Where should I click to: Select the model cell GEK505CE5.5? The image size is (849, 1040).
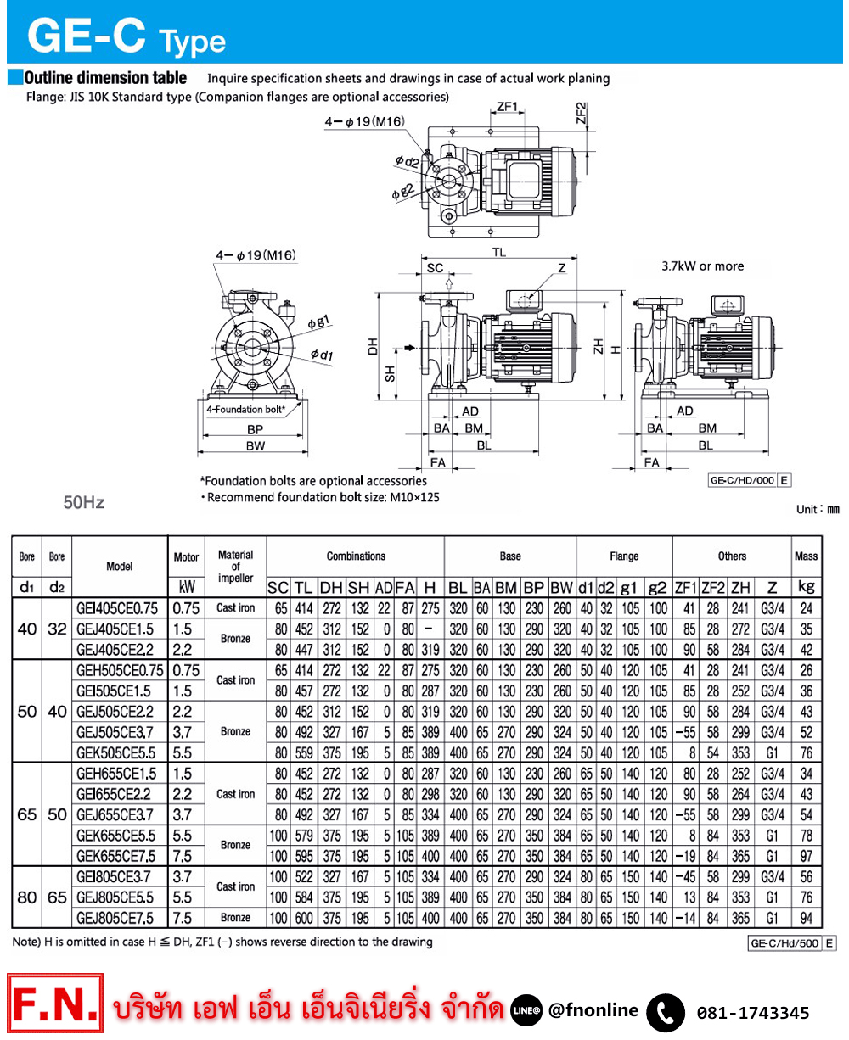120,752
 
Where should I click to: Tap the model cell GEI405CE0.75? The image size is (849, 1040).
120,608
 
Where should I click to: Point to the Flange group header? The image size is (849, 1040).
624,556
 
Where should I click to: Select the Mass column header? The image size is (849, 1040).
807,556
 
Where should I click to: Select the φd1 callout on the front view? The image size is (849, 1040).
321,354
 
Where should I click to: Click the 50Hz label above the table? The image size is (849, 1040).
85,503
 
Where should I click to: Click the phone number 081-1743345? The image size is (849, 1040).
753,1013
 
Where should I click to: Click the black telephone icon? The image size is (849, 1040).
665,1012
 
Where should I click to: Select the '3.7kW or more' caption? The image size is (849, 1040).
702,266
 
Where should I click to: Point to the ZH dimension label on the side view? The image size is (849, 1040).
599,345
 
